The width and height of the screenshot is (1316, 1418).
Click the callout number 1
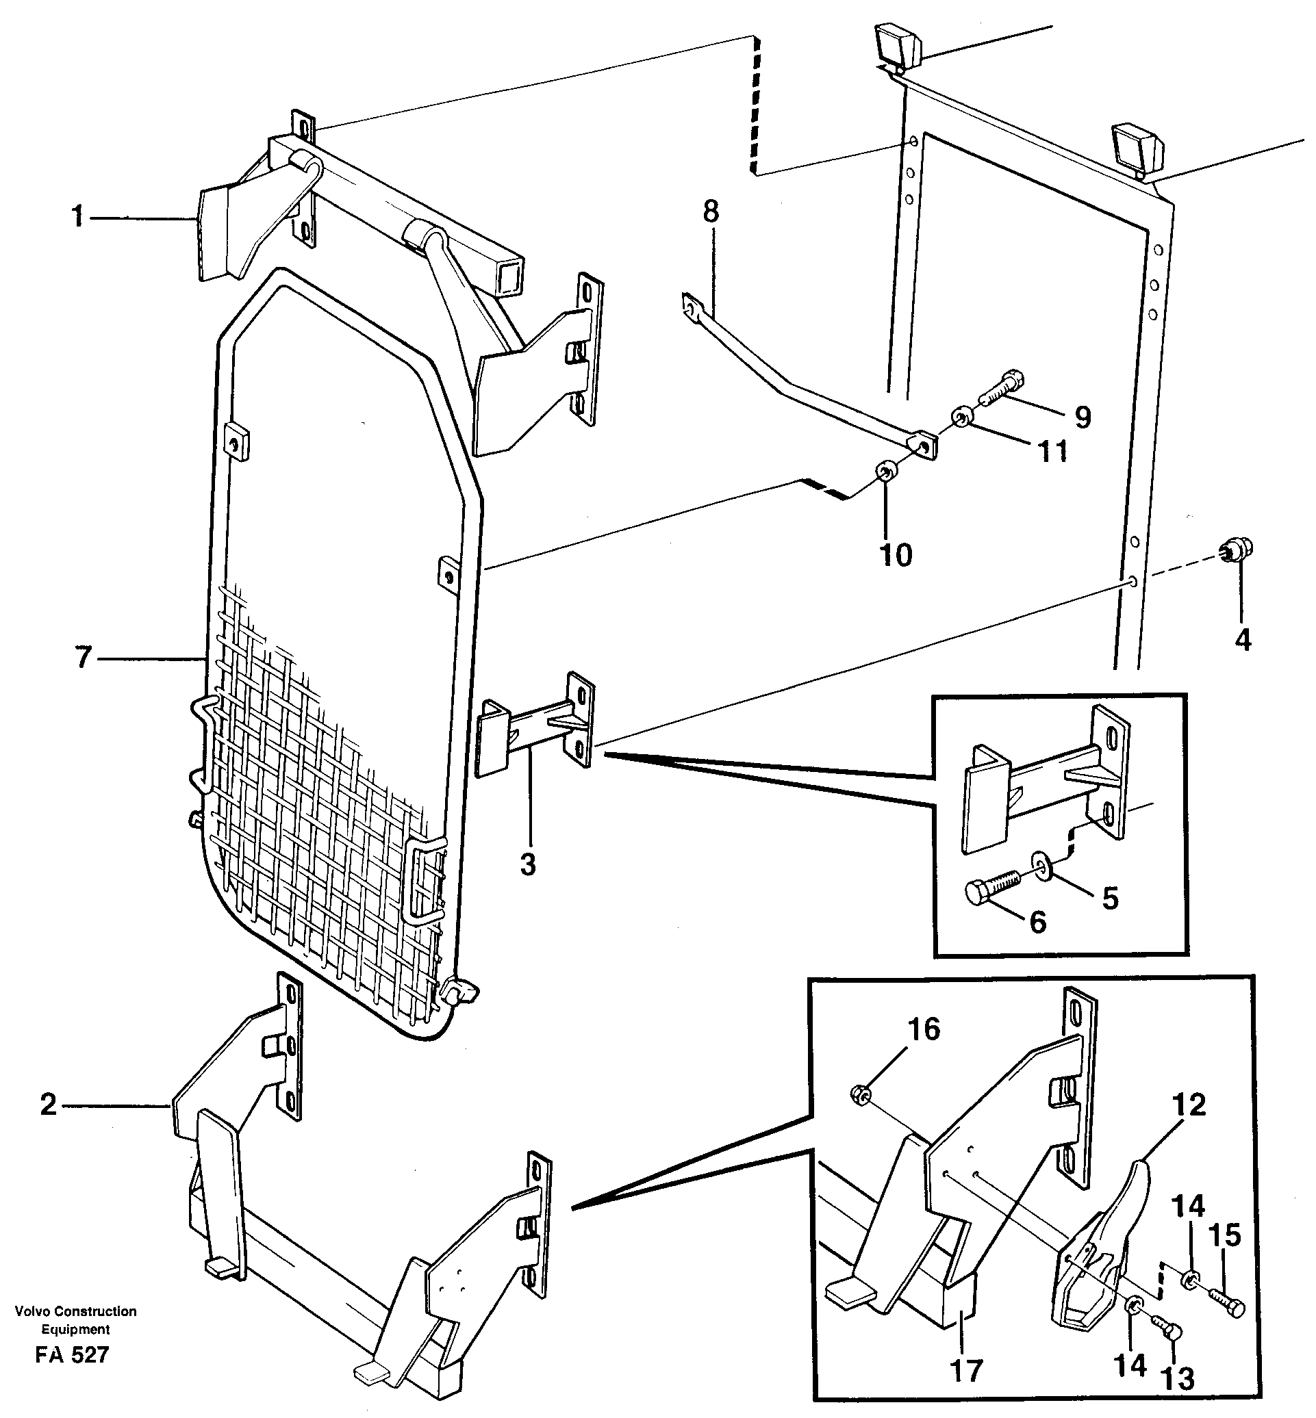(77, 216)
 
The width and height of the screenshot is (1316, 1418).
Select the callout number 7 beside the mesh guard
(84, 657)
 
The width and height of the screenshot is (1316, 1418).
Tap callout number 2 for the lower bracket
(49, 1105)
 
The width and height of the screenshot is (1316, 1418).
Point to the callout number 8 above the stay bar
(711, 211)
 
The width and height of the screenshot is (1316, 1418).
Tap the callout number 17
(966, 1369)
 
